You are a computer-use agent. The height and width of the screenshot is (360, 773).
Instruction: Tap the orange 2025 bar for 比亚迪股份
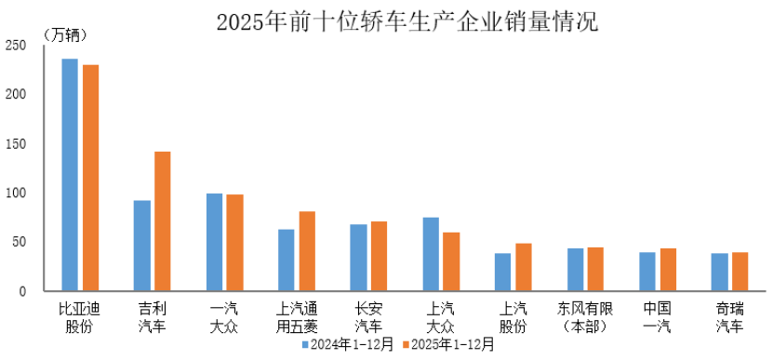(x=90, y=178)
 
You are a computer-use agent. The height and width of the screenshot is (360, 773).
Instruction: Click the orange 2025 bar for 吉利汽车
(x=163, y=221)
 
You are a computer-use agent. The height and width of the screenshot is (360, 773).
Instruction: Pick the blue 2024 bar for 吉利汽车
(x=141, y=246)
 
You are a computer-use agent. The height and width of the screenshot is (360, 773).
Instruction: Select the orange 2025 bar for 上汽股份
(x=524, y=267)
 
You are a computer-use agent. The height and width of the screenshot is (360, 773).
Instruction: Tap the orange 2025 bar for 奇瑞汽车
(x=740, y=272)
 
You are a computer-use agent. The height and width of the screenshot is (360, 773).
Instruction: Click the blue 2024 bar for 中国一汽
(x=647, y=272)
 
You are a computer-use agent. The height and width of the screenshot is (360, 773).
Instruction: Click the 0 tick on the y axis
(x=22, y=291)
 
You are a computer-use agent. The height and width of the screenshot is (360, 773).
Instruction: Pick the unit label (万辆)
(x=64, y=35)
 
